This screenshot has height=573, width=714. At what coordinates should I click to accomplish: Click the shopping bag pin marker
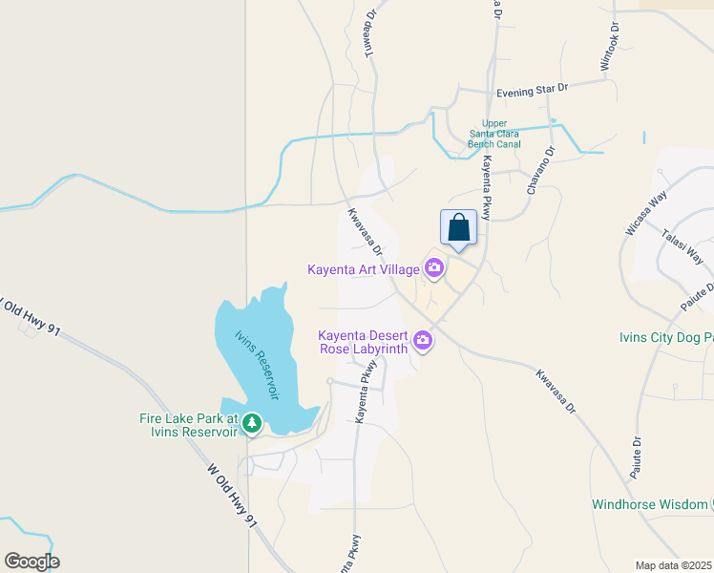coord(458,228)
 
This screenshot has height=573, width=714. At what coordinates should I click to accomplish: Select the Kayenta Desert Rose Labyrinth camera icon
coord(422,340)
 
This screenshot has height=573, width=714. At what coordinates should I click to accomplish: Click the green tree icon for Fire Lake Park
coord(251,422)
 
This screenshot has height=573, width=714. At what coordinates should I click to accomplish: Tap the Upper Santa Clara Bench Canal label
coord(494,134)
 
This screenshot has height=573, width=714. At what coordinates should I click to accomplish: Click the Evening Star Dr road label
coord(532,89)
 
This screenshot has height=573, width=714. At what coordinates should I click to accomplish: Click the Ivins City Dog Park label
coord(664,337)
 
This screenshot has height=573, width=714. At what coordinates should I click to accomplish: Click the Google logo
coord(31,562)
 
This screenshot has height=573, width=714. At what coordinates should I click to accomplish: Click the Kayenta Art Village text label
coord(364,269)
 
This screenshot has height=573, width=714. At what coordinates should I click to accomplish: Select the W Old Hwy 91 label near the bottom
coord(232,498)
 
